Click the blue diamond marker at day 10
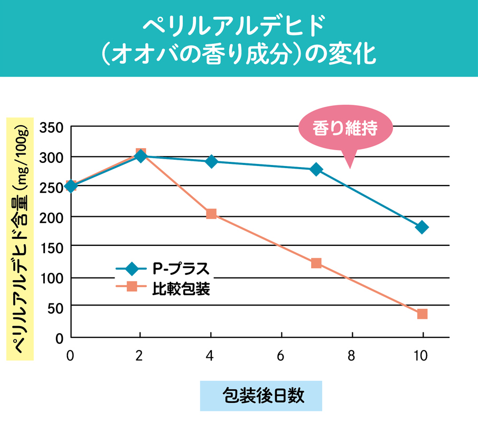click(x=422, y=227)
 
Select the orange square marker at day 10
click(x=422, y=314)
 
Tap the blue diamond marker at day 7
click(x=316, y=169)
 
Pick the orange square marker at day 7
click(x=316, y=263)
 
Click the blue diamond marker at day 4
click(x=211, y=161)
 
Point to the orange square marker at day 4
click(x=211, y=214)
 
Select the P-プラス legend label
click(x=181, y=269)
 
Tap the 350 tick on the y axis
click(x=52, y=127)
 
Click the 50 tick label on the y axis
click(x=55, y=308)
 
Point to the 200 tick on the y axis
click(x=52, y=217)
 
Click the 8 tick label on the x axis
click(x=351, y=356)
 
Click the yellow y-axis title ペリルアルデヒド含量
click(x=20, y=238)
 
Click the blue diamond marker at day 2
click(x=140, y=156)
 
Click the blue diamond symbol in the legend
click(x=132, y=269)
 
